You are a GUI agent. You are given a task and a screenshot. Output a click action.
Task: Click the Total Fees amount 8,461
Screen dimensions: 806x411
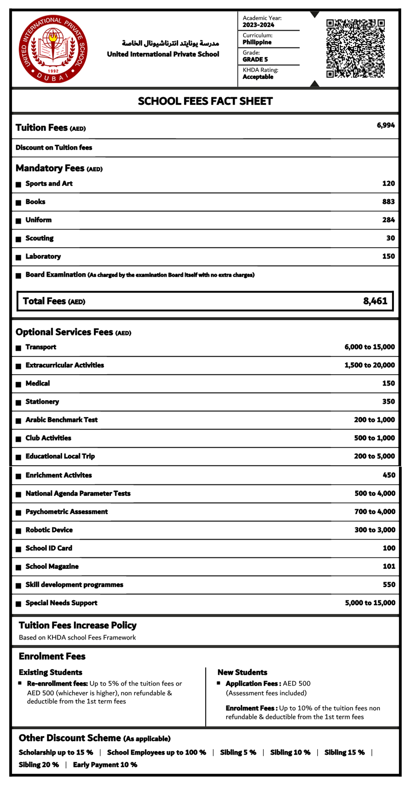click(x=375, y=301)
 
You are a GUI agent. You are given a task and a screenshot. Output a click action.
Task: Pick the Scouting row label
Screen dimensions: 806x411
click(x=39, y=238)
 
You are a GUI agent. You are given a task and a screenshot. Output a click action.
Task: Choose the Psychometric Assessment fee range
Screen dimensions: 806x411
click(x=375, y=512)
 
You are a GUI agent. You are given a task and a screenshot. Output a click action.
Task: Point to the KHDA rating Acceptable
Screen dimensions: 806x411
click(x=258, y=77)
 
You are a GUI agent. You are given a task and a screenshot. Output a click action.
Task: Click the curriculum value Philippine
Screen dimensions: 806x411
click(x=257, y=42)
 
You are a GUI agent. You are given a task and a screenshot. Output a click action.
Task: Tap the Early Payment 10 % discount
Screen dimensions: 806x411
click(x=105, y=765)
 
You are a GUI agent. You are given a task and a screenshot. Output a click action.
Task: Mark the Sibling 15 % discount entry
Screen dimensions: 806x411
click(x=344, y=752)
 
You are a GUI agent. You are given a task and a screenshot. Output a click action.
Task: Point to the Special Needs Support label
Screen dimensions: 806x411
click(x=61, y=603)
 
